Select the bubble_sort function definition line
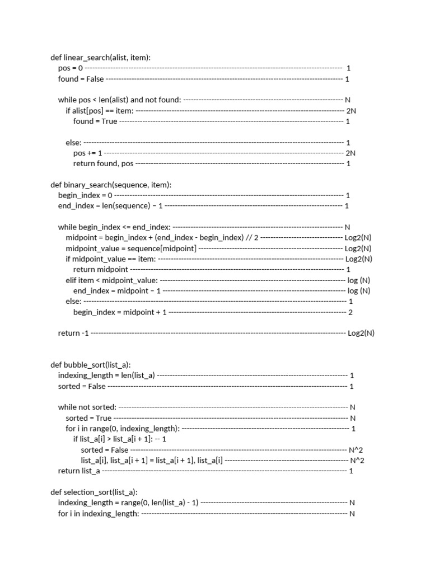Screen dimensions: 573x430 click(x=91, y=365)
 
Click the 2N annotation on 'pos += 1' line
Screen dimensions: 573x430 click(x=351, y=153)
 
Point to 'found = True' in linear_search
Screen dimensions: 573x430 click(x=95, y=121)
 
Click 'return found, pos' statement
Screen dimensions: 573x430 click(x=103, y=163)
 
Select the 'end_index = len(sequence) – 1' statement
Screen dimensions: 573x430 click(x=110, y=206)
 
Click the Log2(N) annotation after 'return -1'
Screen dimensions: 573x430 click(x=361, y=334)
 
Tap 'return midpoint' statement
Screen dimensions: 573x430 click(x=101, y=270)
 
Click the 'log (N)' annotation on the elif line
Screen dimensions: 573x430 click(x=359, y=280)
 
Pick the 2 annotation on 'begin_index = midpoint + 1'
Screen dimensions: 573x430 click(x=350, y=312)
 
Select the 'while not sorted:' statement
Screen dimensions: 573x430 click(x=87, y=407)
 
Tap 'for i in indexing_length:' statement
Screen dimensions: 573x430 click(x=99, y=514)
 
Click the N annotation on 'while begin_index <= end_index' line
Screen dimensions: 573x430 click(x=347, y=227)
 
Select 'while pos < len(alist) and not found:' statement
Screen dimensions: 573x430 click(x=119, y=100)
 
